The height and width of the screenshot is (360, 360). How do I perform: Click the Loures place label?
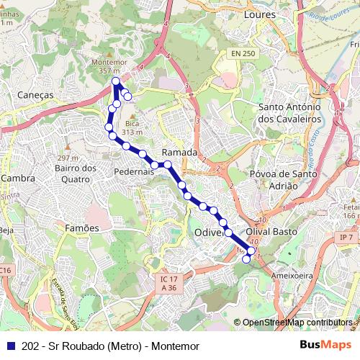[x=261, y=14]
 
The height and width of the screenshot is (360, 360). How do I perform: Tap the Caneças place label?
[x=35, y=94]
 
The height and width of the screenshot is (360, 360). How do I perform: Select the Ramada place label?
[x=179, y=153]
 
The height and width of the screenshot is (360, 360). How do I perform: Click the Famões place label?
[x=81, y=228]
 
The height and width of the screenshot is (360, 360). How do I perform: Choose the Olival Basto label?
[x=272, y=231]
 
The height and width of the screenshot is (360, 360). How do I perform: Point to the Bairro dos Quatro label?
[x=75, y=174]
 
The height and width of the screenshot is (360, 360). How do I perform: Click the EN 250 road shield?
[x=243, y=54]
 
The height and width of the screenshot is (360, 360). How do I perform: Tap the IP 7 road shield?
[x=346, y=237]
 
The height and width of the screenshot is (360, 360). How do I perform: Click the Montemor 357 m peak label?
[x=109, y=66]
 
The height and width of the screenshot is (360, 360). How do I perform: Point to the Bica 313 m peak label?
[x=130, y=128]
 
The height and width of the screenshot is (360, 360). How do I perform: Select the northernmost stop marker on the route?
[x=115, y=81]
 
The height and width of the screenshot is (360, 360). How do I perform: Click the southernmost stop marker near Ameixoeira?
[x=246, y=259]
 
